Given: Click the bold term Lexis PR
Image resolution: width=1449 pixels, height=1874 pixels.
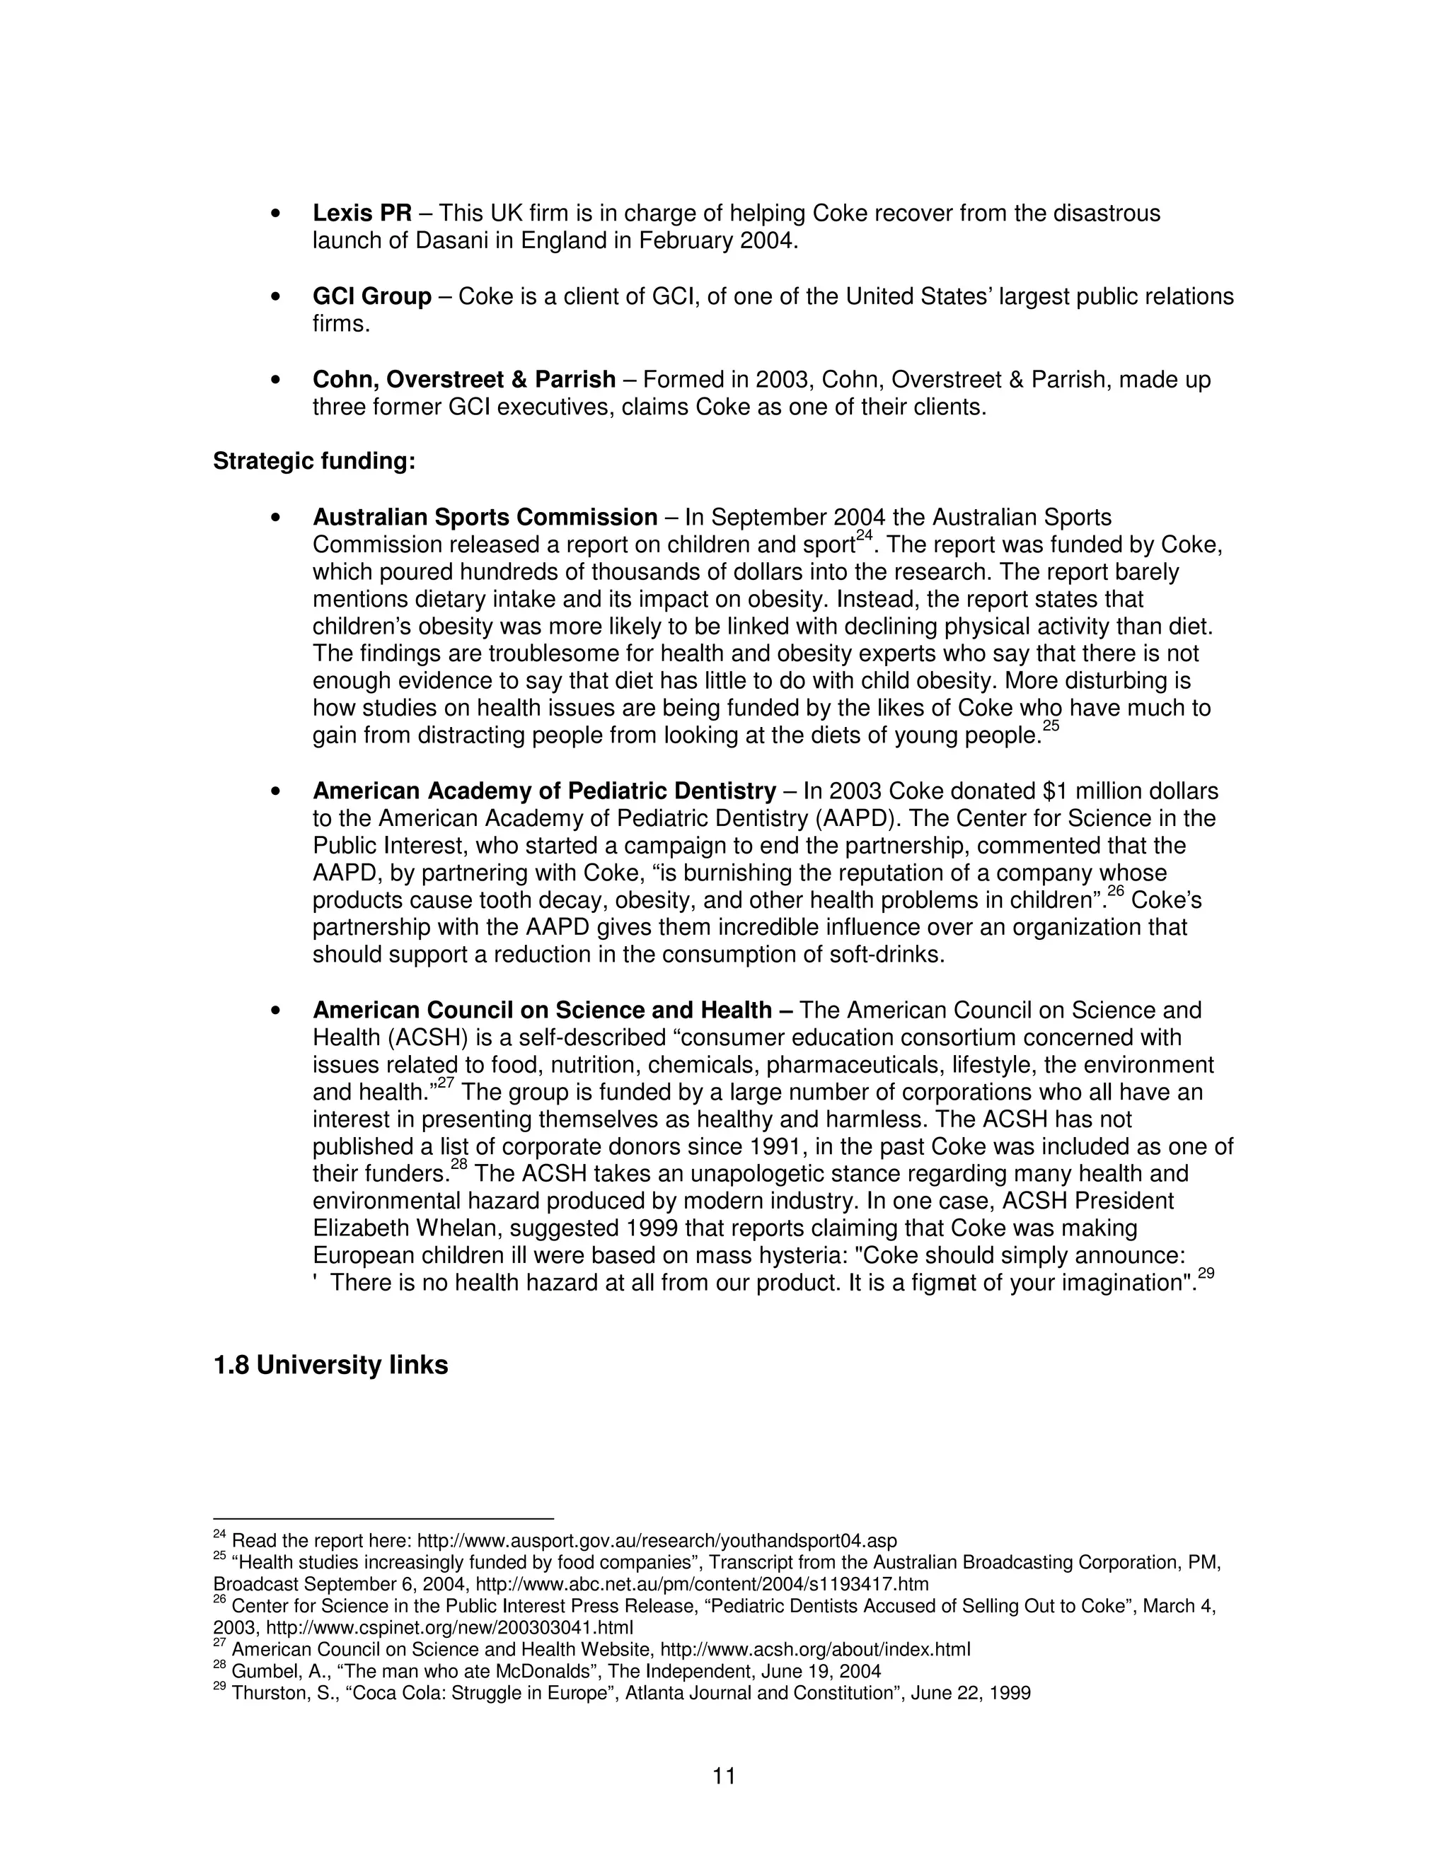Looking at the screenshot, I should pyautogui.click(x=362, y=213).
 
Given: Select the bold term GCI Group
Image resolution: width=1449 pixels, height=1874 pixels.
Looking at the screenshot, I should pyautogui.click(x=371, y=296).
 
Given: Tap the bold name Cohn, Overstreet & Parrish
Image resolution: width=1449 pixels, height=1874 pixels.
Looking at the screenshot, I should pyautogui.click(x=463, y=379).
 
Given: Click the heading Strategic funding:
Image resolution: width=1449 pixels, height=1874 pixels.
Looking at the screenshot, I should pyautogui.click(x=314, y=461).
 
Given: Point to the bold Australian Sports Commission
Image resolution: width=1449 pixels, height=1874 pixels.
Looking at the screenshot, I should pyautogui.click(x=485, y=518).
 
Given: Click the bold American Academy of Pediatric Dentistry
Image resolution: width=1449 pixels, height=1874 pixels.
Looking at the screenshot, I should pyautogui.click(x=544, y=791).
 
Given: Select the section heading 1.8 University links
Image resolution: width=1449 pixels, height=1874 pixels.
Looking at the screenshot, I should pyautogui.click(x=330, y=1364).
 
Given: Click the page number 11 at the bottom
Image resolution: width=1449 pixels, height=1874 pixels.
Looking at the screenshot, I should pyautogui.click(x=724, y=1775).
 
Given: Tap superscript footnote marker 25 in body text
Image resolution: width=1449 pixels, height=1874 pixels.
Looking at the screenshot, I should pyautogui.click(x=1051, y=726).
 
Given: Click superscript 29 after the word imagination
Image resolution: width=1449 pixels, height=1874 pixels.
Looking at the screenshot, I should pyautogui.click(x=1206, y=1274).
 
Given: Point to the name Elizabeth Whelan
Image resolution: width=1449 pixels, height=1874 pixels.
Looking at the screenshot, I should pyautogui.click(x=395, y=1228).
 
